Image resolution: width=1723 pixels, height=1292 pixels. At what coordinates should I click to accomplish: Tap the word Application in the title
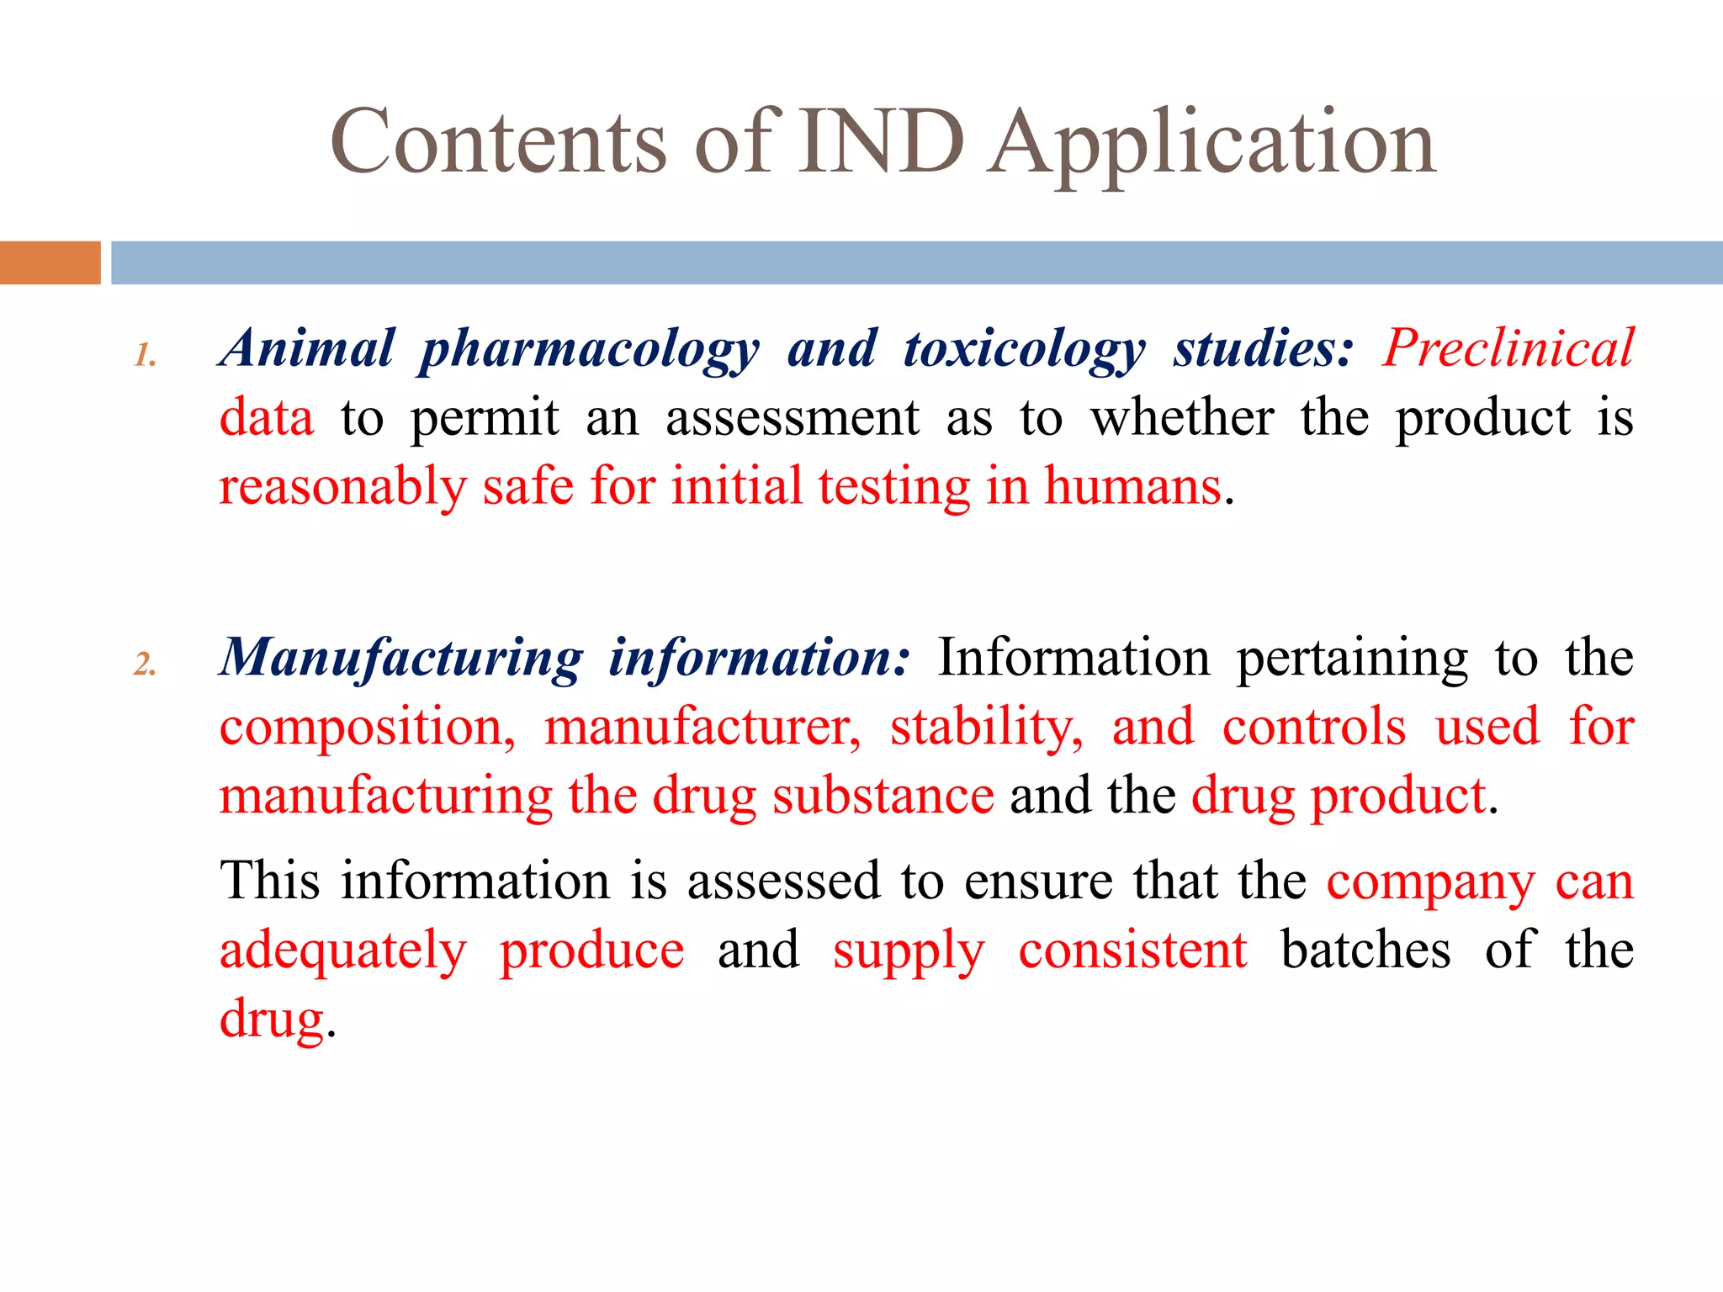(1211, 145)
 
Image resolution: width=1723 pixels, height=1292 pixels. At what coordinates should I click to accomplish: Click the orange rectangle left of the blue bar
(50, 262)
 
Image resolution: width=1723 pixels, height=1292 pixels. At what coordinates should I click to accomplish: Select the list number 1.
(145, 355)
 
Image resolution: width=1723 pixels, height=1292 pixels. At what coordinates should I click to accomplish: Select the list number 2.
(145, 665)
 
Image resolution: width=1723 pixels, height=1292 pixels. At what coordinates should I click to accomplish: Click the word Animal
(307, 348)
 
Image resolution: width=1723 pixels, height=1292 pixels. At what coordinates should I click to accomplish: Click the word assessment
(793, 419)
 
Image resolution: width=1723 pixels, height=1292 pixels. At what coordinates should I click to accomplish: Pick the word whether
(1182, 417)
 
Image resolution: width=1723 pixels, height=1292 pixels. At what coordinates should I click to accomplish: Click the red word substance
(883, 796)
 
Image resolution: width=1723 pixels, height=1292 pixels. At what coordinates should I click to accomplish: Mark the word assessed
(782, 882)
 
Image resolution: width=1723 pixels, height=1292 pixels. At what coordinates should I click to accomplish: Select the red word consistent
(1132, 950)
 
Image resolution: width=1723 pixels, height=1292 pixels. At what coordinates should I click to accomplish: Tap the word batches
(1365, 950)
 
